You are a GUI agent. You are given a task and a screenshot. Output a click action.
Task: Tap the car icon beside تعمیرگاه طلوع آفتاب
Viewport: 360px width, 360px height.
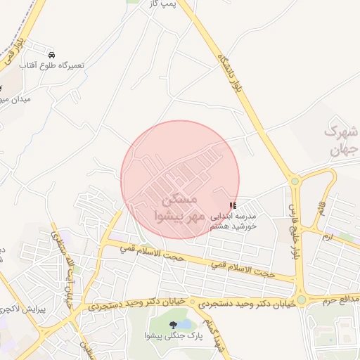pyautogui.click(x=51, y=54)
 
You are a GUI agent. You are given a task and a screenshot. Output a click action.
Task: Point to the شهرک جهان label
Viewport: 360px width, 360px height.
pyautogui.click(x=343, y=140)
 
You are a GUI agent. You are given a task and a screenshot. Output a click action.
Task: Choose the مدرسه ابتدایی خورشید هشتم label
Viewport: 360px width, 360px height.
pyautogui.click(x=233, y=221)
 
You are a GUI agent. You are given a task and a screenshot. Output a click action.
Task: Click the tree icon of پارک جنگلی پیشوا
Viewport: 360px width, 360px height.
pyautogui.click(x=173, y=324)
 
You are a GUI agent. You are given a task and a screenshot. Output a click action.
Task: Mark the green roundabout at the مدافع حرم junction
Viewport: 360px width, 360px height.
pyautogui.click(x=301, y=300)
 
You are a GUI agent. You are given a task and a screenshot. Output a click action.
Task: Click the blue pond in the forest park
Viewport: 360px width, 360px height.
pyautogui.click(x=184, y=324)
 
